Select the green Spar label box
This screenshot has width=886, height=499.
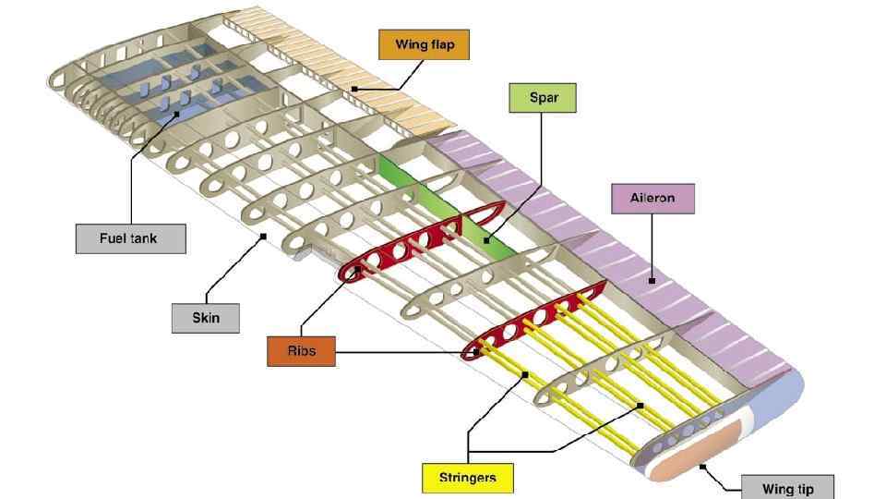[543, 97]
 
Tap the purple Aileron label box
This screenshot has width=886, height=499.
[653, 198]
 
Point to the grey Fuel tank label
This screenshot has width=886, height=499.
[129, 238]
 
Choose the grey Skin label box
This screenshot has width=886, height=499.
[206, 318]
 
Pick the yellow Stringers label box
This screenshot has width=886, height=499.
[468, 478]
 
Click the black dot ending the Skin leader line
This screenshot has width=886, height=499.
[264, 237]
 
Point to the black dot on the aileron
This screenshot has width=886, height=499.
[653, 281]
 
